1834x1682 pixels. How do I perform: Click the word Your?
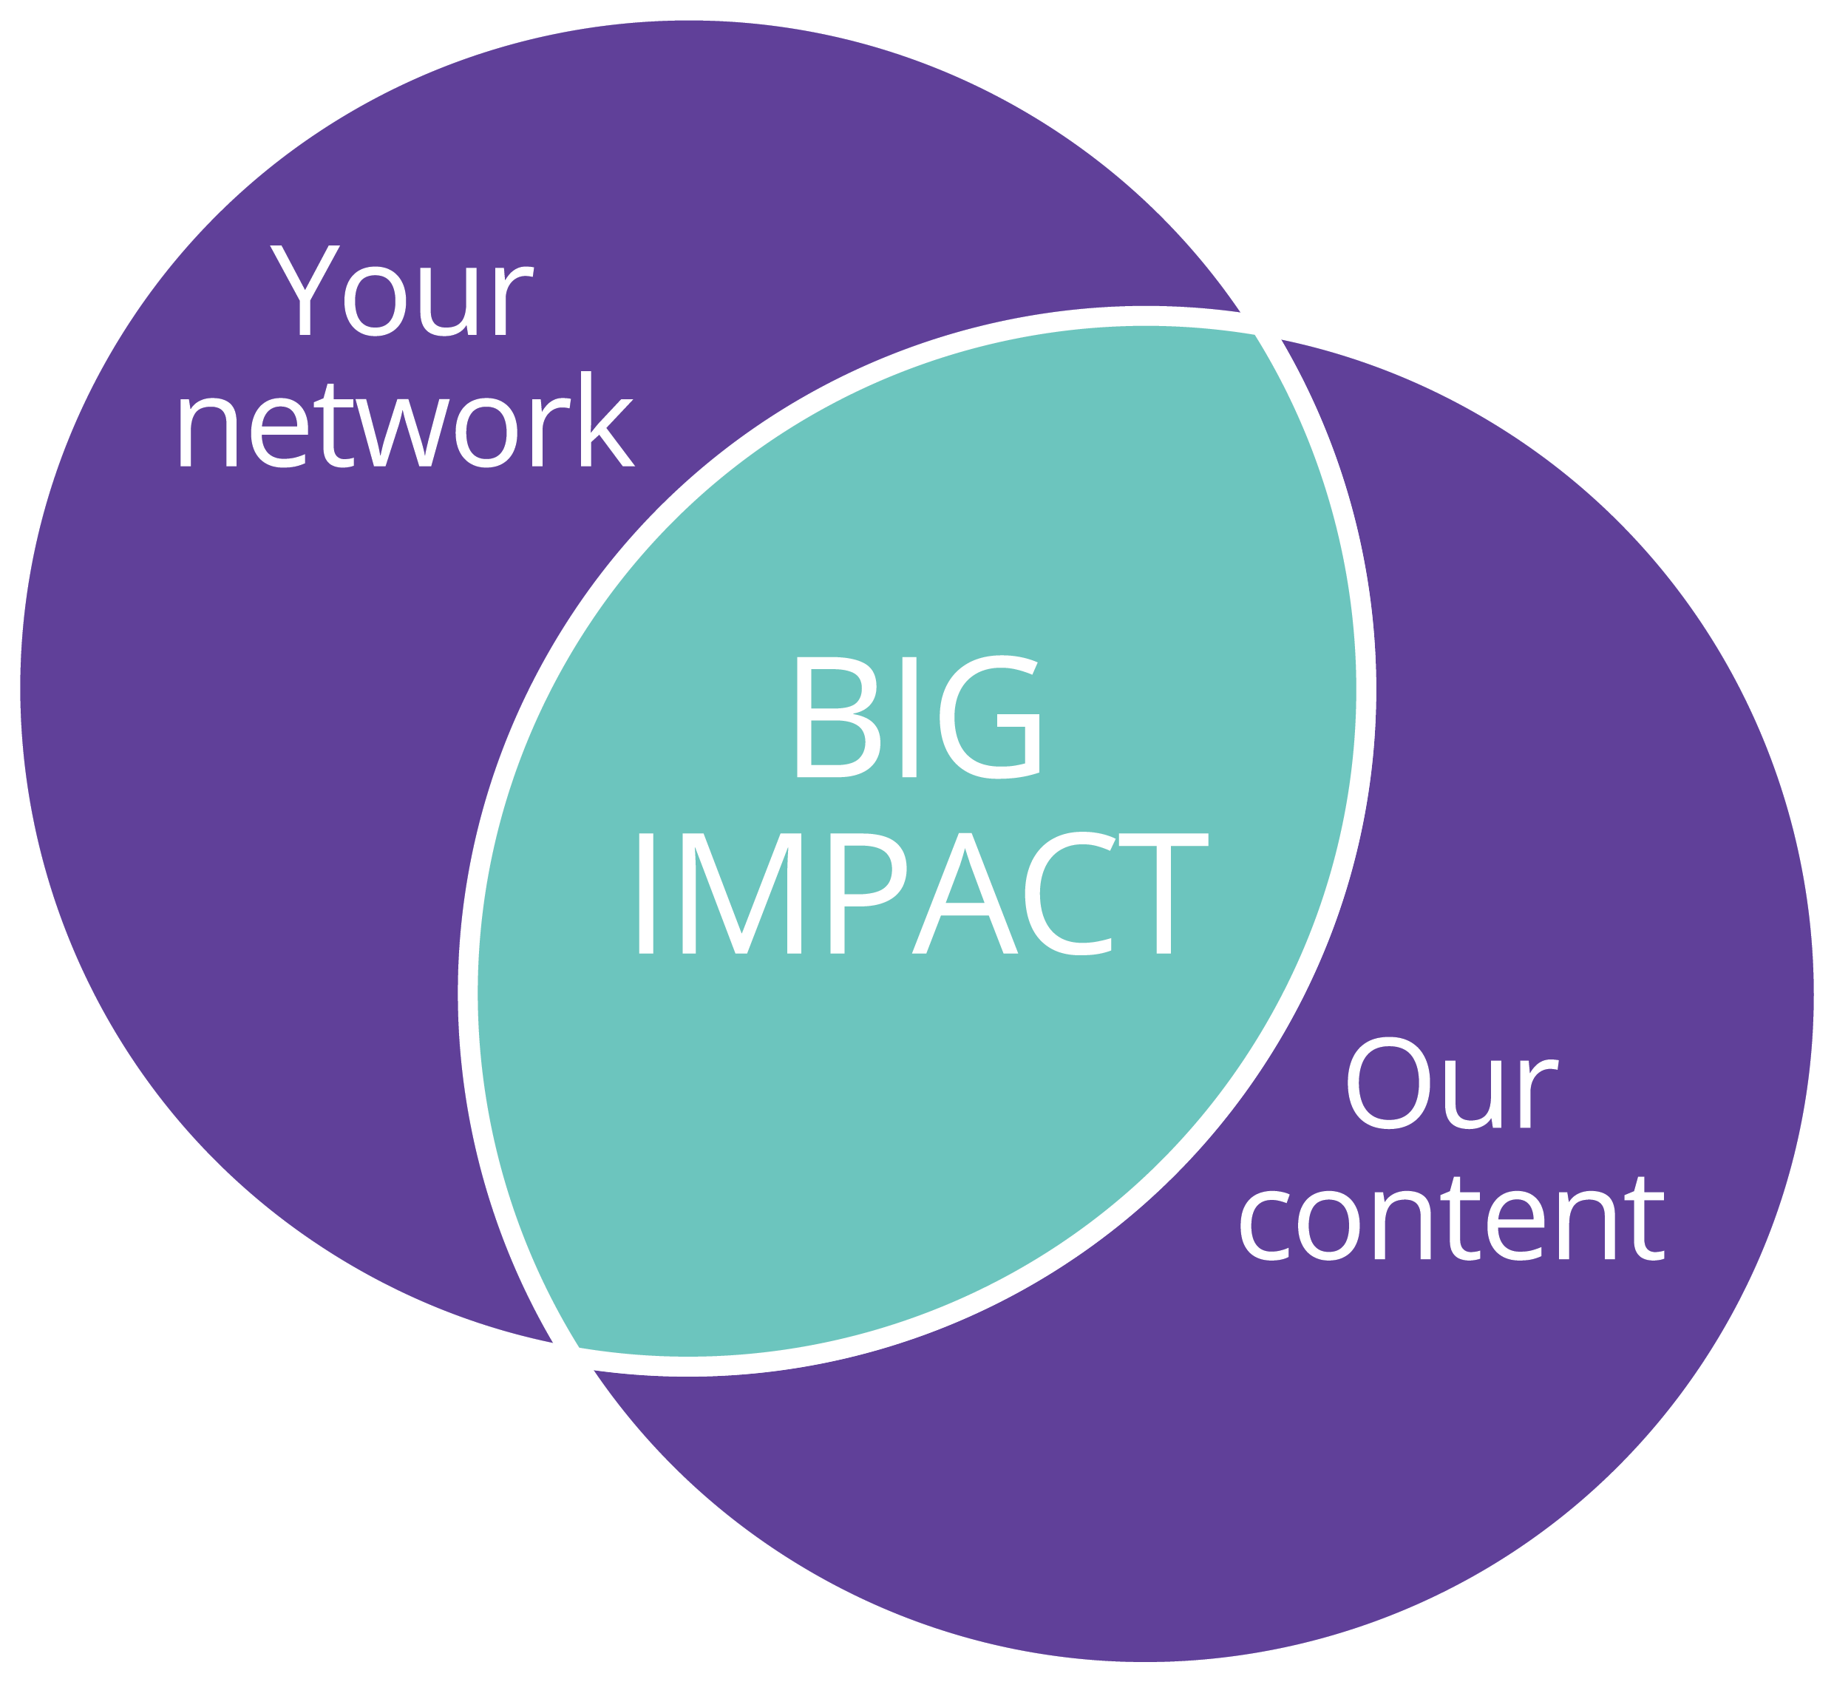point(401,291)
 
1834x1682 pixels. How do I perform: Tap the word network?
point(405,421)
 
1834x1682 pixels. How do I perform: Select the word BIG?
point(917,718)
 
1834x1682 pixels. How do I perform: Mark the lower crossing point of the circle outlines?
point(566,1356)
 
